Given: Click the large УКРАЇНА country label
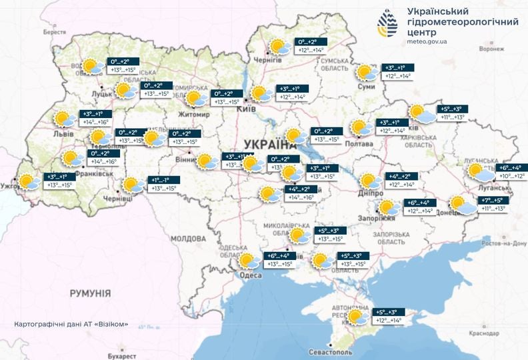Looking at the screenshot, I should pos(269,144).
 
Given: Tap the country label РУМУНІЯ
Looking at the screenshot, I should pos(89,293).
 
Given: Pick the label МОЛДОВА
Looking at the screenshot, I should pos(189,238).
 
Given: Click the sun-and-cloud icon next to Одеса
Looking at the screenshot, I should pos(249,261).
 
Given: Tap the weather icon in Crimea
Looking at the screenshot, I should pos(356,316).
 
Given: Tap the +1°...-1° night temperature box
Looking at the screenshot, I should pos(163,180).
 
